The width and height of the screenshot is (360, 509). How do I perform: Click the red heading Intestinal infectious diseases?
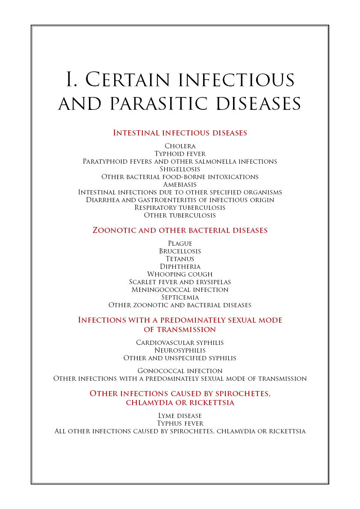click(x=180, y=133)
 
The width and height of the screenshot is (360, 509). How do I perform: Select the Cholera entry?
click(x=180, y=146)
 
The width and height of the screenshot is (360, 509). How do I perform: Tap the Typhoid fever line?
click(x=180, y=154)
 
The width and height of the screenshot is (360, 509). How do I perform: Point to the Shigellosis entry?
click(x=180, y=169)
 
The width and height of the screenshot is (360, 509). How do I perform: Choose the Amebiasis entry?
click(x=180, y=185)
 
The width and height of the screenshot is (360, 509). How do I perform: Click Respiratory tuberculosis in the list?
click(x=180, y=208)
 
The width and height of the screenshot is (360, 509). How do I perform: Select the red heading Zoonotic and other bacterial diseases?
click(x=180, y=230)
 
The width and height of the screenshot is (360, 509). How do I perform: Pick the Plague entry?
click(x=180, y=244)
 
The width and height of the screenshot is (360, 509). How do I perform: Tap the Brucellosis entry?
click(x=180, y=251)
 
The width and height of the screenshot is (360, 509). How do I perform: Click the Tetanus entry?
click(x=180, y=259)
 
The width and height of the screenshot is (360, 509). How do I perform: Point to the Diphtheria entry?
click(x=180, y=267)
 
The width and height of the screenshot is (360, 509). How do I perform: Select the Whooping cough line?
click(x=180, y=274)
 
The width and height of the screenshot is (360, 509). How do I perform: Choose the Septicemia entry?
click(x=180, y=297)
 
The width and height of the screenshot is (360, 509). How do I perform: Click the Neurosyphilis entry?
click(x=180, y=350)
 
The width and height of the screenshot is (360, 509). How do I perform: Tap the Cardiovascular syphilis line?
click(x=180, y=343)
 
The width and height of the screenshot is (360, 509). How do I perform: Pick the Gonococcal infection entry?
click(x=180, y=371)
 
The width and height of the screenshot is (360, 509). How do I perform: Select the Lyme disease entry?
click(x=180, y=416)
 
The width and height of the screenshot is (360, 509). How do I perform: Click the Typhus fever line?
click(x=180, y=424)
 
